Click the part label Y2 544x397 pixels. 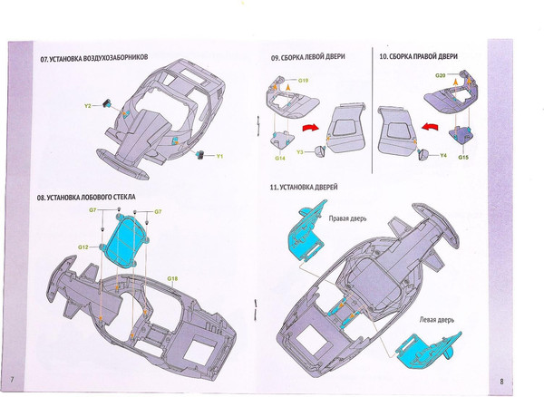point(89,106)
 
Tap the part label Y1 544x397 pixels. point(219,156)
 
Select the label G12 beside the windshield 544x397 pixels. point(82,247)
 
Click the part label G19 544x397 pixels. point(305,81)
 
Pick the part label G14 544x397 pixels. point(281,158)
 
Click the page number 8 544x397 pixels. point(526,377)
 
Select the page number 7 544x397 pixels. point(13,377)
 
